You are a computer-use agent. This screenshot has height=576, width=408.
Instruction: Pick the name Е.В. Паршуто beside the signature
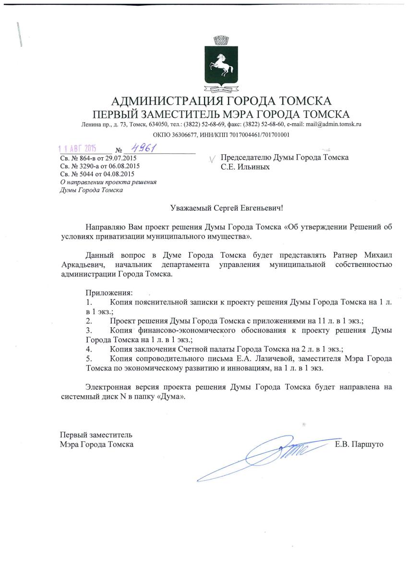coord(360,444)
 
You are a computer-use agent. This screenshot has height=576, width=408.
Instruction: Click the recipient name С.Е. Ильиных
coord(245,167)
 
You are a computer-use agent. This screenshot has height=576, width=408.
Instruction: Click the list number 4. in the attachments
coord(89,349)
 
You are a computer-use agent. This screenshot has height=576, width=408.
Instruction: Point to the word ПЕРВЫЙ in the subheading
coord(114,114)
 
